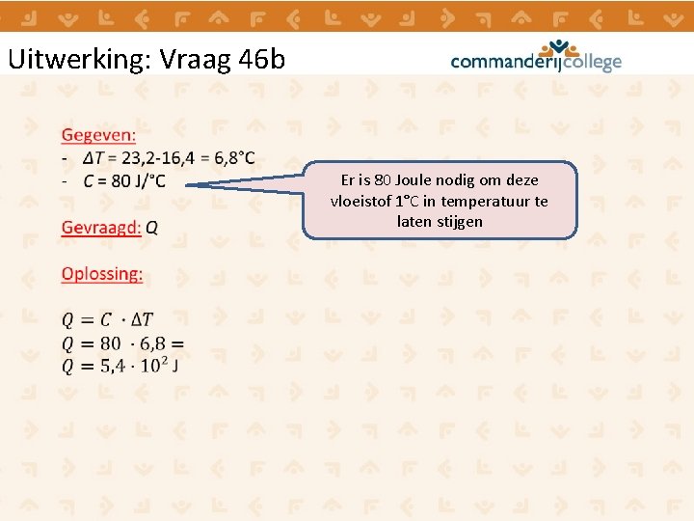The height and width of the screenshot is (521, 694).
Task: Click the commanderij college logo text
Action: (535, 63)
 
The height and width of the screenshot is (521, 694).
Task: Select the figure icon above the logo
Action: (558, 46)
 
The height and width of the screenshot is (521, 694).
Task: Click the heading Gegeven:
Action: (98, 135)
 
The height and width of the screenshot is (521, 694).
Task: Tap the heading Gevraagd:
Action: (101, 228)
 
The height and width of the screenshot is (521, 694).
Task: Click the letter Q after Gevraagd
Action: (152, 228)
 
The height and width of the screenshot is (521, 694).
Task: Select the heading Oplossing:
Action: (101, 274)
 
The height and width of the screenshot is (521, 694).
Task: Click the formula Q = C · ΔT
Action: (106, 320)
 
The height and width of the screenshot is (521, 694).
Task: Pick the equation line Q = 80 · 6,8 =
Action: (121, 343)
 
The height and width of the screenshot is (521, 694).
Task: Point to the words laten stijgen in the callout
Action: (440, 222)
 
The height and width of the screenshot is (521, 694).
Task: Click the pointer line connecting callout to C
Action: (246, 185)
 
